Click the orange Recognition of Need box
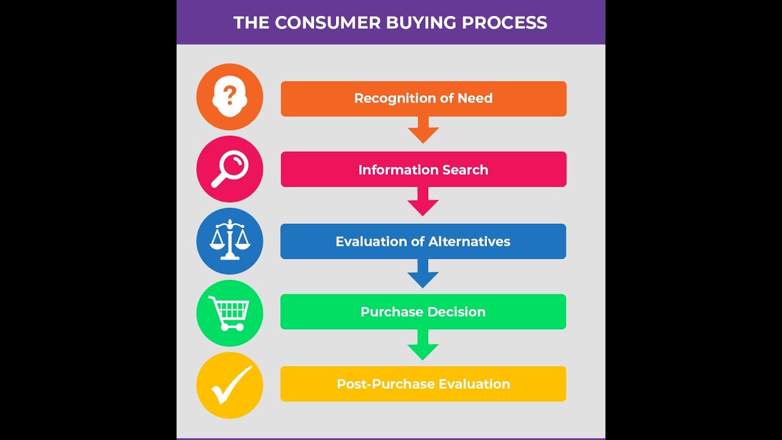423,98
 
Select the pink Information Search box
423,169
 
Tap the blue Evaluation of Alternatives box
423,241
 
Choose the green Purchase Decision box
423,312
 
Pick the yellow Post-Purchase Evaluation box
423,384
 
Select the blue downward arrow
423,274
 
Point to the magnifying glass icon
230,169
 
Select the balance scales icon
230,240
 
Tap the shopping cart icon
229,313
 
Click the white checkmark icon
231,384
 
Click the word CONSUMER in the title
327,23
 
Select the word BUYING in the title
422,23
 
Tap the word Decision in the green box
456,312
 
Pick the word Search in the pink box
466,169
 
